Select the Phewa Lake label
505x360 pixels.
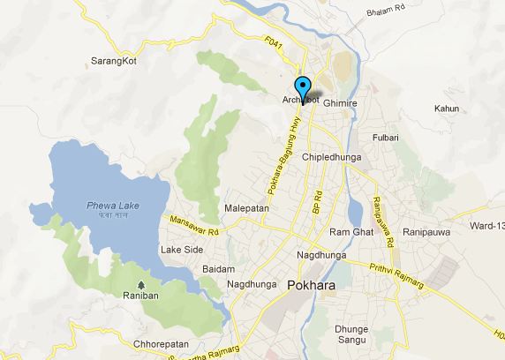point(108,207)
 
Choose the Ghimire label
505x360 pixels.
point(340,103)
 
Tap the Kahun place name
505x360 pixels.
point(447,108)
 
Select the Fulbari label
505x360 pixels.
point(385,139)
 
